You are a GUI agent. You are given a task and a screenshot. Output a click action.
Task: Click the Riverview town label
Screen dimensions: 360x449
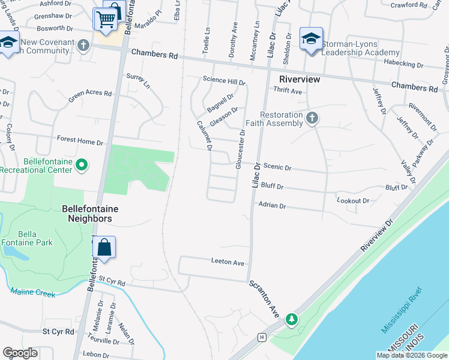(x=300, y=79)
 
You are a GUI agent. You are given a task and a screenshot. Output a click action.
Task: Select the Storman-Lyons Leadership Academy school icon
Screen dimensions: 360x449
(x=311, y=39)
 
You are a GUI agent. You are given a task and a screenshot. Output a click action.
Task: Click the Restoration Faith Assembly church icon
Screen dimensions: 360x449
(x=311, y=118)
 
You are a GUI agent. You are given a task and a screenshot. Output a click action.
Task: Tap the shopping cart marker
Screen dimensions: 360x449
(x=106, y=20)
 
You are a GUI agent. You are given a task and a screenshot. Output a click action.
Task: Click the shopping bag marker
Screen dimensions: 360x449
(x=104, y=247)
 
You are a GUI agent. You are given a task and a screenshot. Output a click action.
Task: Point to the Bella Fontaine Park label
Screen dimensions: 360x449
(x=28, y=238)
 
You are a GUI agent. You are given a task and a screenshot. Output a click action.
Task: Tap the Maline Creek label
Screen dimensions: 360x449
(x=32, y=293)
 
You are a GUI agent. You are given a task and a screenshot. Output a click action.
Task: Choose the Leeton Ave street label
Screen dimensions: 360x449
(x=228, y=262)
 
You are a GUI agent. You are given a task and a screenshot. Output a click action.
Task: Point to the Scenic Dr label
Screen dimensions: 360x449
(x=277, y=168)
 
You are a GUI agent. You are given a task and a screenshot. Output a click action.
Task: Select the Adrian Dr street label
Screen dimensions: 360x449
(x=272, y=205)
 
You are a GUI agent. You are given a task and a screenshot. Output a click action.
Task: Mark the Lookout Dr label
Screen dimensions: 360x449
(x=353, y=200)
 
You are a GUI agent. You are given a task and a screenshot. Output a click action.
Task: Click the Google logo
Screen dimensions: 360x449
(x=20, y=353)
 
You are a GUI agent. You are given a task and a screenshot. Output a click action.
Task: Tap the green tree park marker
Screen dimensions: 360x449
(x=292, y=319)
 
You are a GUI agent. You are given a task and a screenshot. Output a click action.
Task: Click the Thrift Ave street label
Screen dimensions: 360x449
(x=288, y=91)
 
